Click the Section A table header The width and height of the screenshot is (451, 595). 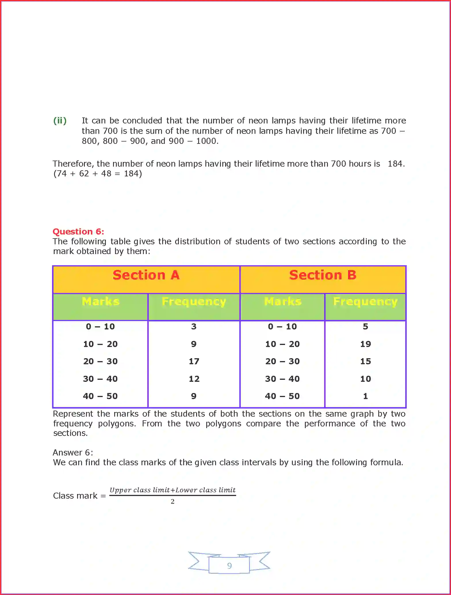coord(146,275)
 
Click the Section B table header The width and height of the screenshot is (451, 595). coord(323,275)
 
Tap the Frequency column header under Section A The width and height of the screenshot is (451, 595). coord(194,302)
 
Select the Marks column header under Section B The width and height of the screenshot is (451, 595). coord(282,302)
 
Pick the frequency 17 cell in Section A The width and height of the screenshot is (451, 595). coord(194,361)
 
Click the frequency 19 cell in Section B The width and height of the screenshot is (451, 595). coord(366,344)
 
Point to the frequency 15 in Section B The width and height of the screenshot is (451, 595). coord(366,361)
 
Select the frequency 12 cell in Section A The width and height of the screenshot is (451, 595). coord(194,379)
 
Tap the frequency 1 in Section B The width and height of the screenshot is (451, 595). coord(366,396)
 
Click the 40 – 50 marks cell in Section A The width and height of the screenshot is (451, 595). coord(100,396)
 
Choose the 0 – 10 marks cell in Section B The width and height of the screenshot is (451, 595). coord(282,327)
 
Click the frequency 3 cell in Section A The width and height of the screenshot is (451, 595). coord(194,327)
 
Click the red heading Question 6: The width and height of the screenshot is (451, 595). coord(78,232)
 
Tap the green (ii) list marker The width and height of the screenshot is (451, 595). coord(60,121)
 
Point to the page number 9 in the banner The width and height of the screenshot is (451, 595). coord(229,566)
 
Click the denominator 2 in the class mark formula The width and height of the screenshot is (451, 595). coord(173,501)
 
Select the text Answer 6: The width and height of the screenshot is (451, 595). coord(73,453)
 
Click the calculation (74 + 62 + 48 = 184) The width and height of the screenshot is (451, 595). coord(98,173)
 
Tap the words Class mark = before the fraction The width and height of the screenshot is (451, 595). coord(79,496)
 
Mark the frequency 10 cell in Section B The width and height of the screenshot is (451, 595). coord(366,379)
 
